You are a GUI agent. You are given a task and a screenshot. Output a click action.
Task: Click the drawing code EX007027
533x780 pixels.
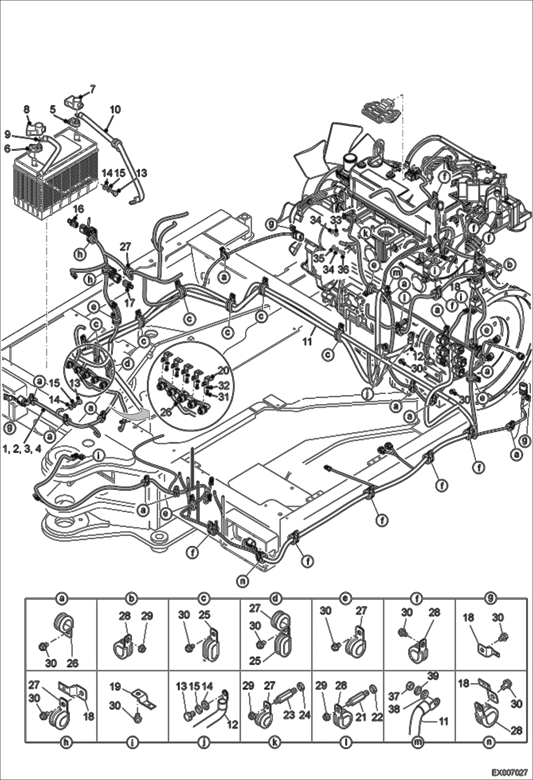click(509, 771)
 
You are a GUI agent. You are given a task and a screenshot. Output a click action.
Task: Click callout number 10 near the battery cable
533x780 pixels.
click(115, 109)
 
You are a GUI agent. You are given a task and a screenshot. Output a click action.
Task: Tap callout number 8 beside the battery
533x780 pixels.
click(27, 109)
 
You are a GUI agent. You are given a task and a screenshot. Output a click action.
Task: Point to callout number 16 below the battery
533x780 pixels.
click(79, 209)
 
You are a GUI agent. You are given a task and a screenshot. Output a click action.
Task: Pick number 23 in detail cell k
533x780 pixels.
click(289, 715)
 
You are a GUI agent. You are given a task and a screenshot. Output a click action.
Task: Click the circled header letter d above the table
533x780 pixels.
click(276, 599)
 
